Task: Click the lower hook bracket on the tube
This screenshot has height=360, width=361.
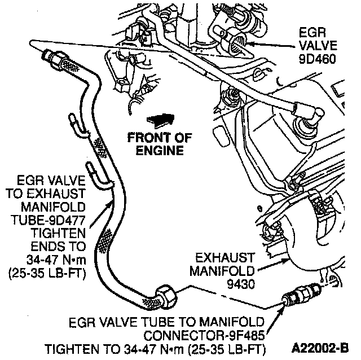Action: pyautogui.click(x=99, y=174)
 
